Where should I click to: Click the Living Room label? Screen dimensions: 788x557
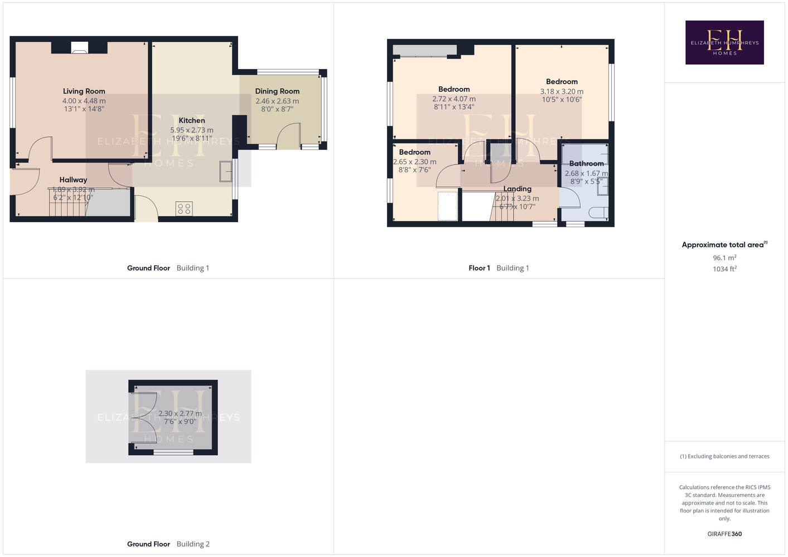(84, 91)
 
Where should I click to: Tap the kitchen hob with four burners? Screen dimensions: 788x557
(184, 208)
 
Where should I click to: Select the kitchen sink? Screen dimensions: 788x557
(225, 171)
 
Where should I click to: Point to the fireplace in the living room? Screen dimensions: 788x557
(79, 48)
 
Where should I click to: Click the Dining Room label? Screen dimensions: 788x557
(277, 91)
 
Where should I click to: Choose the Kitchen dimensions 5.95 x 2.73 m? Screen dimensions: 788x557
(192, 130)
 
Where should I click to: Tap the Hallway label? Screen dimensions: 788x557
(73, 180)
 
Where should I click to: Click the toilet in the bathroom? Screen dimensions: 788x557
(598, 213)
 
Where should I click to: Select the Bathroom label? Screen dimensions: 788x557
(587, 163)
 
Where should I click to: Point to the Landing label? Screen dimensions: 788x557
(517, 189)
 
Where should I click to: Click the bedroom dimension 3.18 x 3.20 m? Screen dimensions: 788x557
(562, 91)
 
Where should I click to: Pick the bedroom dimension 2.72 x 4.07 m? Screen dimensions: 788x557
(454, 99)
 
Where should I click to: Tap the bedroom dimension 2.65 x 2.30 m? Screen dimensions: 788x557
(414, 162)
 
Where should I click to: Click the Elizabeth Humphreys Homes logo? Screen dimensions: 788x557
(724, 42)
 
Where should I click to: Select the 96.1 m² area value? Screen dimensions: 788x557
(724, 257)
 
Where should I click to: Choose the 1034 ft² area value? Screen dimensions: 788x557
(724, 269)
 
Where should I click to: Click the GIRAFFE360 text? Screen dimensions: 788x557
(724, 534)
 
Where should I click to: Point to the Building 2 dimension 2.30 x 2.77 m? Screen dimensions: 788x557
(180, 414)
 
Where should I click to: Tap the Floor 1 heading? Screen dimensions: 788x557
(479, 268)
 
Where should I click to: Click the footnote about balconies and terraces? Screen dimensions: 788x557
(724, 456)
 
